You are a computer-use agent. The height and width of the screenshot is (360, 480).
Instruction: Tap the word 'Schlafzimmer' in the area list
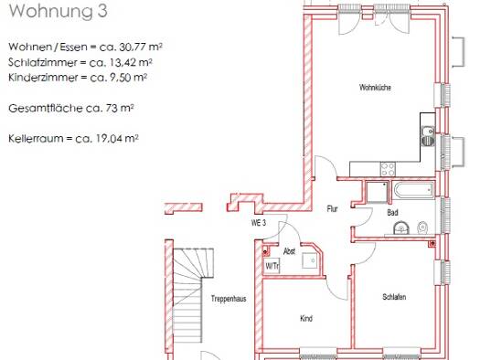(37, 62)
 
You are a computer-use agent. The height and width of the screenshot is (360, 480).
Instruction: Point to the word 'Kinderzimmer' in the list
(37, 78)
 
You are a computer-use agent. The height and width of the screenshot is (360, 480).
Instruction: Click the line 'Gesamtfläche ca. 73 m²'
(71, 108)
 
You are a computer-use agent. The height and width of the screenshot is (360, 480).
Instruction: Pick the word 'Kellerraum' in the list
(32, 139)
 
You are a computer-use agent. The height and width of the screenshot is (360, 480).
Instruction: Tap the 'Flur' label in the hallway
(333, 209)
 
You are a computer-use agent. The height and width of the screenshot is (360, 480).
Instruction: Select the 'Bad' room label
(393, 213)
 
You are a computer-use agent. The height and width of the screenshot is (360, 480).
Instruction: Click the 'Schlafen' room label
(394, 298)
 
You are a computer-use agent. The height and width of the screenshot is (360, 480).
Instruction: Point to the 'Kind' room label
(306, 319)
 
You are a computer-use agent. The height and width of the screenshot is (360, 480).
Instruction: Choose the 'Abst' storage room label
(289, 250)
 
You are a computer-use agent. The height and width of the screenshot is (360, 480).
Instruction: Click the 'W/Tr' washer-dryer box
(272, 266)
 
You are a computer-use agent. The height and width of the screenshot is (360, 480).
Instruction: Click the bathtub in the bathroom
(412, 191)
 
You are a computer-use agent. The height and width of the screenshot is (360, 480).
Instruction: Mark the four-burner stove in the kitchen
(388, 168)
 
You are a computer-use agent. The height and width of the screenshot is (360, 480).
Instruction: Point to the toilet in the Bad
(422, 228)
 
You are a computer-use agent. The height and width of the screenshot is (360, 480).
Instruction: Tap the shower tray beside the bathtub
(375, 191)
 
